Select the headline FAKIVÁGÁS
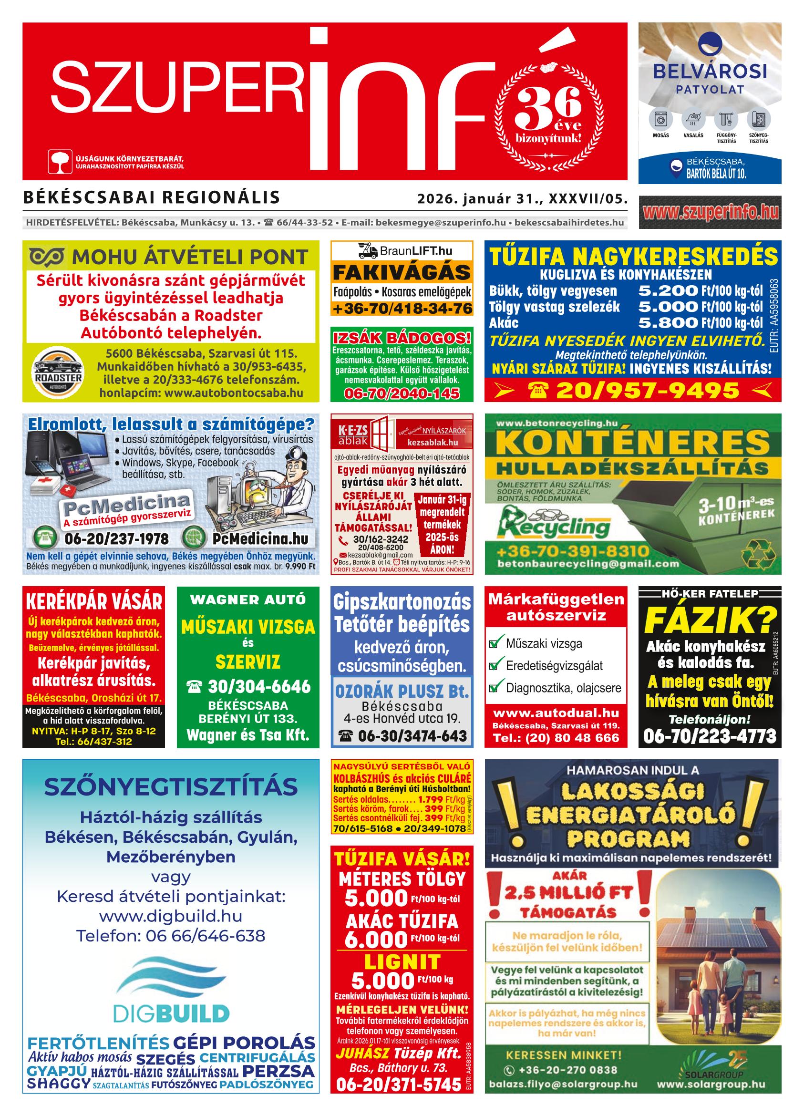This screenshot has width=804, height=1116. tap(402, 273)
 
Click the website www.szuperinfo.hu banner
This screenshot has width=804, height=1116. tap(710, 212)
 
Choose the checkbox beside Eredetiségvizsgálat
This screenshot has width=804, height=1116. tap(494, 666)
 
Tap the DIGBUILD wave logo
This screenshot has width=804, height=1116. tap(171, 979)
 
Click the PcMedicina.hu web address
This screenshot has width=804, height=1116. tap(260, 539)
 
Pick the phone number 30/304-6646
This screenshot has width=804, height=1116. tap(259, 686)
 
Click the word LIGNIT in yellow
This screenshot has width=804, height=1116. tap(402, 962)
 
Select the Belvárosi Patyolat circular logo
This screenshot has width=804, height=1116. tap(710, 44)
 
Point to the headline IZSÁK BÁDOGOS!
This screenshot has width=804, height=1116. tap(402, 338)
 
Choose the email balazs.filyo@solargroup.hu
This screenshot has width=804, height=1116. tap(563, 1084)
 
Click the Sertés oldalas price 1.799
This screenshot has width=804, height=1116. tap(430, 800)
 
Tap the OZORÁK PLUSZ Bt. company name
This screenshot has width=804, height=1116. tap(402, 692)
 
